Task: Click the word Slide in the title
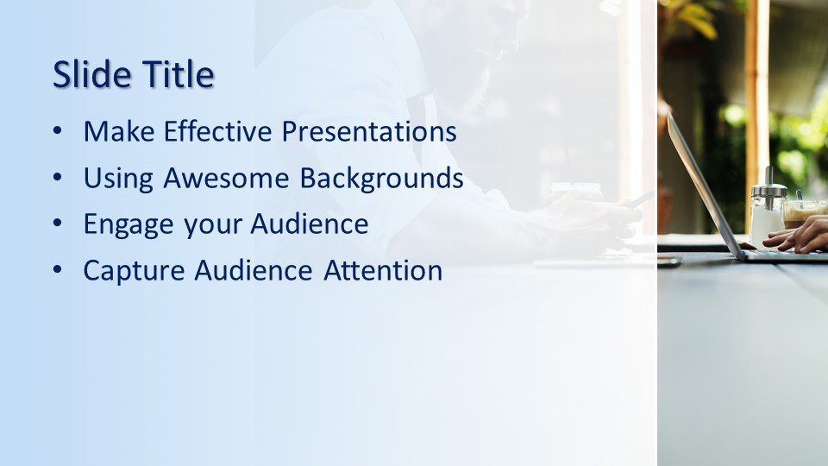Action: click(x=92, y=73)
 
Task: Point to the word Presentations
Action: click(x=369, y=131)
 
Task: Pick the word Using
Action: click(x=118, y=179)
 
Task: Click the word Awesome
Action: click(x=226, y=178)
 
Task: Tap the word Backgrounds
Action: click(x=382, y=179)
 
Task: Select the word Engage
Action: click(x=129, y=224)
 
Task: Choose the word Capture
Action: click(x=134, y=271)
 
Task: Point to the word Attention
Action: click(x=383, y=270)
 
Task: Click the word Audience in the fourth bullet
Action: click(x=254, y=270)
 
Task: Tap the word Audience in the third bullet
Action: click(x=310, y=224)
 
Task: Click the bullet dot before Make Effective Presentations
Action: click(x=58, y=131)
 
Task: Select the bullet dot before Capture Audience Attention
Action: click(x=58, y=270)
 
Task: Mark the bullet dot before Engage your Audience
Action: click(x=58, y=224)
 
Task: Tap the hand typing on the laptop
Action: click(x=797, y=235)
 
